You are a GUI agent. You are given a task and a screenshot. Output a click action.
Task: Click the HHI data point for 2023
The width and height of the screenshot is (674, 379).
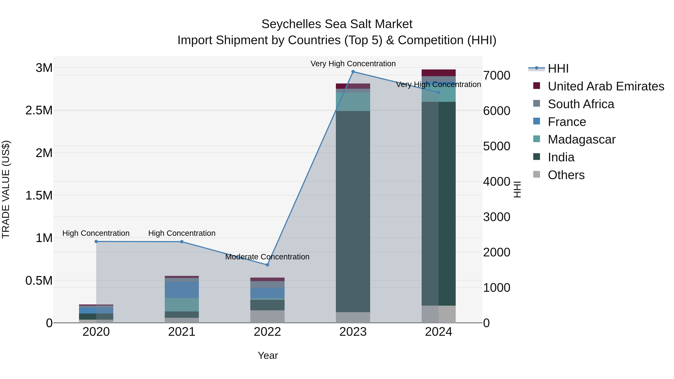click(x=353, y=72)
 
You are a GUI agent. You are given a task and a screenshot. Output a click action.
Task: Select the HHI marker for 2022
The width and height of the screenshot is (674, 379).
click(x=267, y=265)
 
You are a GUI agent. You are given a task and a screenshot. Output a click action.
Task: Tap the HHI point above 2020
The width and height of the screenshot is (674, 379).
click(x=96, y=241)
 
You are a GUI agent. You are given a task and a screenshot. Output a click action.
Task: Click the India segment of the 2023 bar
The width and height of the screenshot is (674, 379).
click(x=353, y=211)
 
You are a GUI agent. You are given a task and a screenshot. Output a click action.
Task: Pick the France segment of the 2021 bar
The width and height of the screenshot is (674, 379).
click(x=182, y=290)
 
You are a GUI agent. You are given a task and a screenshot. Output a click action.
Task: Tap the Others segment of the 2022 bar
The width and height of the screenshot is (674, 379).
click(x=267, y=316)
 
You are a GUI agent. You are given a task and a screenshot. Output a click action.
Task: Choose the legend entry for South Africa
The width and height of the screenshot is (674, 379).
click(x=581, y=104)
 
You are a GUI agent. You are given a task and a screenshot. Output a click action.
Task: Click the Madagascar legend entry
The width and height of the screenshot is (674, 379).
click(x=581, y=139)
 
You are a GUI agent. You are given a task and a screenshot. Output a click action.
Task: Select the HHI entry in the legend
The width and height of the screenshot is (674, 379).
click(x=558, y=69)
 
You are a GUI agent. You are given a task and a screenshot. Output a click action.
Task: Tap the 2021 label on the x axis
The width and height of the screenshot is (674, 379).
click(x=182, y=332)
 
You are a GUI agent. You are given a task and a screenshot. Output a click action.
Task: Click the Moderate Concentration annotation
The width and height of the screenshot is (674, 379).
click(x=267, y=257)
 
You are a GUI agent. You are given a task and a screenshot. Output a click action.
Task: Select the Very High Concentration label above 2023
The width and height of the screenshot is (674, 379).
click(x=353, y=64)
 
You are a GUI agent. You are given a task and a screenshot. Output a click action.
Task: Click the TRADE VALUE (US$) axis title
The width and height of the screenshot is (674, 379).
click(x=6, y=189)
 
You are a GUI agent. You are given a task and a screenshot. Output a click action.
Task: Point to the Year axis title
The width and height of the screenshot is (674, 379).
click(x=268, y=355)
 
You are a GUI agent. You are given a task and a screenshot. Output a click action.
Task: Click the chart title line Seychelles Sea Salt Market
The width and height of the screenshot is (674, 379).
click(x=337, y=24)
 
